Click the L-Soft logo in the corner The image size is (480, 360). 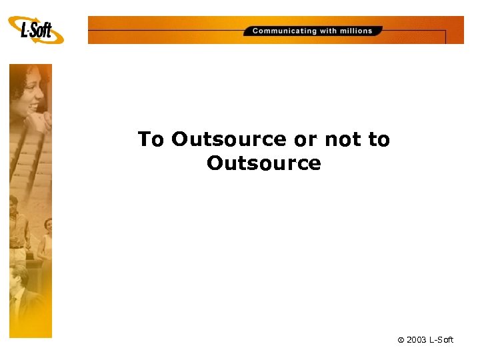[36, 30]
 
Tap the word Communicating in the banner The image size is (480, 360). [285, 31]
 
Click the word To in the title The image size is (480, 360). [151, 139]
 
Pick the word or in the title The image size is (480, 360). [305, 139]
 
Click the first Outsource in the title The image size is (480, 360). [229, 139]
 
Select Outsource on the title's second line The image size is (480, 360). [264, 163]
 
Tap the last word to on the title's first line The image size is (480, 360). [379, 139]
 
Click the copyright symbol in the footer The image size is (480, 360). [401, 340]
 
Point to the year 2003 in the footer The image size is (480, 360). [417, 340]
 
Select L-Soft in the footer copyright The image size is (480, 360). [441, 340]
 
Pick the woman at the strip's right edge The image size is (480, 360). [46, 240]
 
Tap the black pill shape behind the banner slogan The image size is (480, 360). [313, 31]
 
